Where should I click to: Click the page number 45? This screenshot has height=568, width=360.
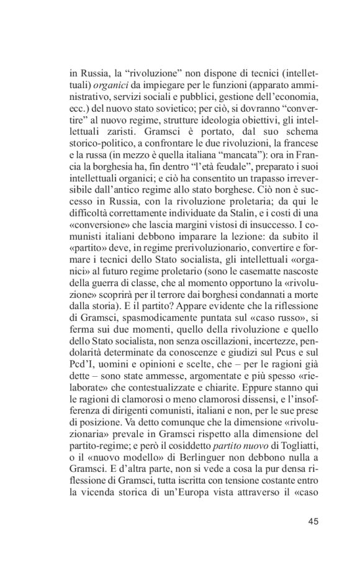[312, 520]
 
